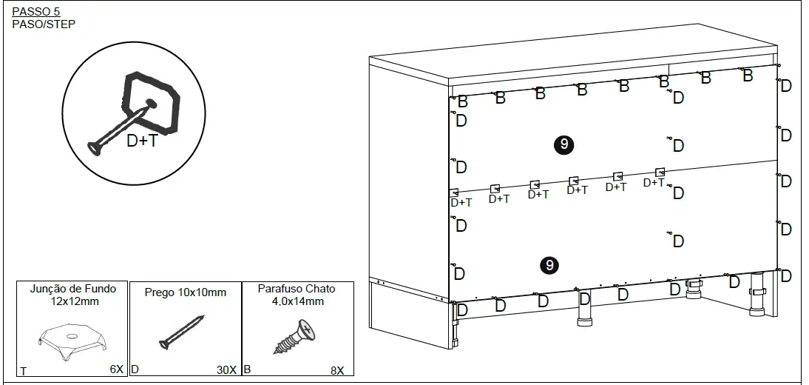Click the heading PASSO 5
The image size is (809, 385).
(x=36, y=12)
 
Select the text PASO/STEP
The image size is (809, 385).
(x=44, y=24)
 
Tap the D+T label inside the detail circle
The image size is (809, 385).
(x=142, y=140)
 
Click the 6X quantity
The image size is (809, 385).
(x=115, y=369)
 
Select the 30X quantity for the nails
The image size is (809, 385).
(x=226, y=369)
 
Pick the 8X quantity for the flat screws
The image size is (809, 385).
(x=337, y=369)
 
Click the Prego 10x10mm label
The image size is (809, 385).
(x=186, y=292)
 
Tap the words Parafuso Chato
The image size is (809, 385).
(x=296, y=289)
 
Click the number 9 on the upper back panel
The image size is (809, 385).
(x=564, y=144)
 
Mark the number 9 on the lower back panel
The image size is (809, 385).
(x=549, y=264)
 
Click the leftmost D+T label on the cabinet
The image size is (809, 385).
(x=461, y=202)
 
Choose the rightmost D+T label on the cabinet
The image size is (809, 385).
(x=654, y=183)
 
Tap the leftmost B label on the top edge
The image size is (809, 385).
(x=462, y=101)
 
